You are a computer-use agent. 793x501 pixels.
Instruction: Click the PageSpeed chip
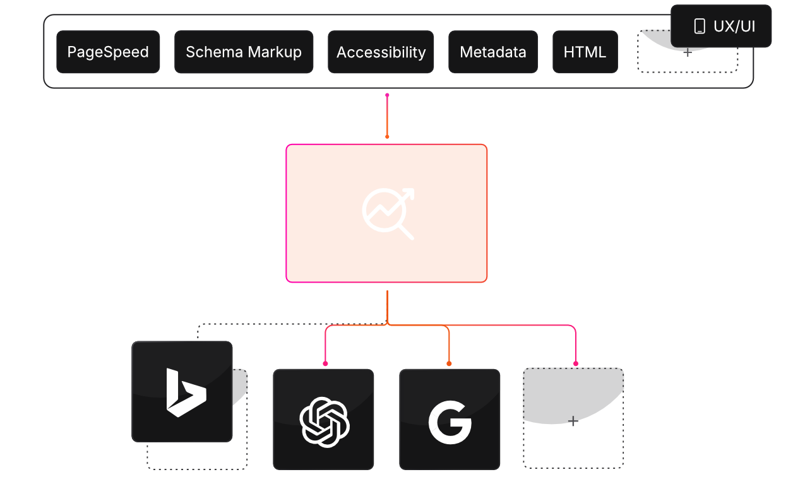[x=108, y=52]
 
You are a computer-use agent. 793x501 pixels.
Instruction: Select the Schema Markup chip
[x=244, y=52]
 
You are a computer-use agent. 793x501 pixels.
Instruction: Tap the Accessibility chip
[x=381, y=52]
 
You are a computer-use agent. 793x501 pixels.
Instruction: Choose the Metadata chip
[x=493, y=52]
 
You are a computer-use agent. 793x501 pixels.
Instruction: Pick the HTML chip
[x=585, y=52]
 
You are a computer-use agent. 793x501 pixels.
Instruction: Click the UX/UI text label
[x=734, y=27]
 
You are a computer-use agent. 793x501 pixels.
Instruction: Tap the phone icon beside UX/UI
[x=700, y=27]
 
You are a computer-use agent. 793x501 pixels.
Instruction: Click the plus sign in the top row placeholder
[x=688, y=52]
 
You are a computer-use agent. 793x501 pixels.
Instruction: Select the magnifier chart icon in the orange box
[x=387, y=213]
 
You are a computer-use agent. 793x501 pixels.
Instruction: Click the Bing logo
[x=185, y=392]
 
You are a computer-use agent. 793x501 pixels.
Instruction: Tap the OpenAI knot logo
[x=324, y=421]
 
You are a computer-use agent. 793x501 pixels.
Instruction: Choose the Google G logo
[x=450, y=421]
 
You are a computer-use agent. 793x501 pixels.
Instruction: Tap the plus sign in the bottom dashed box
[x=573, y=421]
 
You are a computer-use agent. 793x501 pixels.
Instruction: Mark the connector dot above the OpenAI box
[x=325, y=363]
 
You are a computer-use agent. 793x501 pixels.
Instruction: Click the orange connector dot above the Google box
[x=449, y=363]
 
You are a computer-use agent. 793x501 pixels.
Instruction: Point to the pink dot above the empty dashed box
[x=575, y=363]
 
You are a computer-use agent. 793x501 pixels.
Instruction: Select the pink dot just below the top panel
[x=387, y=95]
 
